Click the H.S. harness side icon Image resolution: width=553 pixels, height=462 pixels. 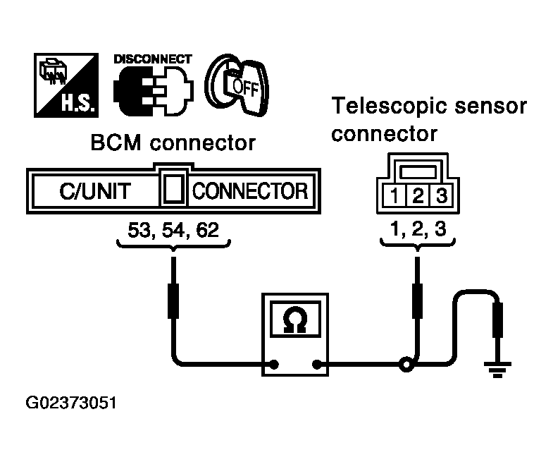[x=66, y=85]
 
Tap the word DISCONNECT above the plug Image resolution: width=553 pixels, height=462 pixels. [x=153, y=59]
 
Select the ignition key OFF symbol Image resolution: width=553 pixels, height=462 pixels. [x=237, y=85]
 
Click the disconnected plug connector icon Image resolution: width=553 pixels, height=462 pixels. [x=154, y=91]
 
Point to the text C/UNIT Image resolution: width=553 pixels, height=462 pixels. [x=95, y=191]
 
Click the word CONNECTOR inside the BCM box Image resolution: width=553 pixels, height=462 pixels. [x=250, y=191]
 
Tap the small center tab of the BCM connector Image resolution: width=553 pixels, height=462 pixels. [x=173, y=189]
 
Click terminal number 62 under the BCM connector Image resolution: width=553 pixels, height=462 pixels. [x=208, y=229]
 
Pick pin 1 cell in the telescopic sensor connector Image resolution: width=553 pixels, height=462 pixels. [x=394, y=195]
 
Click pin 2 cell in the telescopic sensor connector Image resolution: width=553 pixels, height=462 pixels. [x=418, y=195]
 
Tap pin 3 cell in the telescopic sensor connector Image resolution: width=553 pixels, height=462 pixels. [x=441, y=195]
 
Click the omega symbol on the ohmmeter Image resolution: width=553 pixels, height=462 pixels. [x=295, y=320]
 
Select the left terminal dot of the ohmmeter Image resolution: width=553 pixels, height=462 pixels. [x=273, y=364]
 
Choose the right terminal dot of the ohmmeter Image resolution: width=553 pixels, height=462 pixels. [x=317, y=364]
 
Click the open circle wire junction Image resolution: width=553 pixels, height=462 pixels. [x=406, y=365]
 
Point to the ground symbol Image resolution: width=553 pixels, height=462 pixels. [x=497, y=370]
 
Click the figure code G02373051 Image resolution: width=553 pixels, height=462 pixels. [x=71, y=403]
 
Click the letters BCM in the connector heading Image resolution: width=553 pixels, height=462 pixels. [x=116, y=142]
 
